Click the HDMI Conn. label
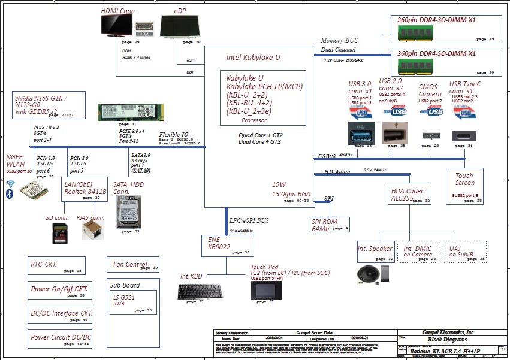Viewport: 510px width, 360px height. (x=119, y=11)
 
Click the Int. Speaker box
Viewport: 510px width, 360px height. (x=375, y=252)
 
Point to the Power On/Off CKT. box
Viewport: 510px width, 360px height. (x=59, y=290)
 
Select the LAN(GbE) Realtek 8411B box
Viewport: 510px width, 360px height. (x=85, y=190)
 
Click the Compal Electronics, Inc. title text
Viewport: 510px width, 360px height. (x=448, y=332)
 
